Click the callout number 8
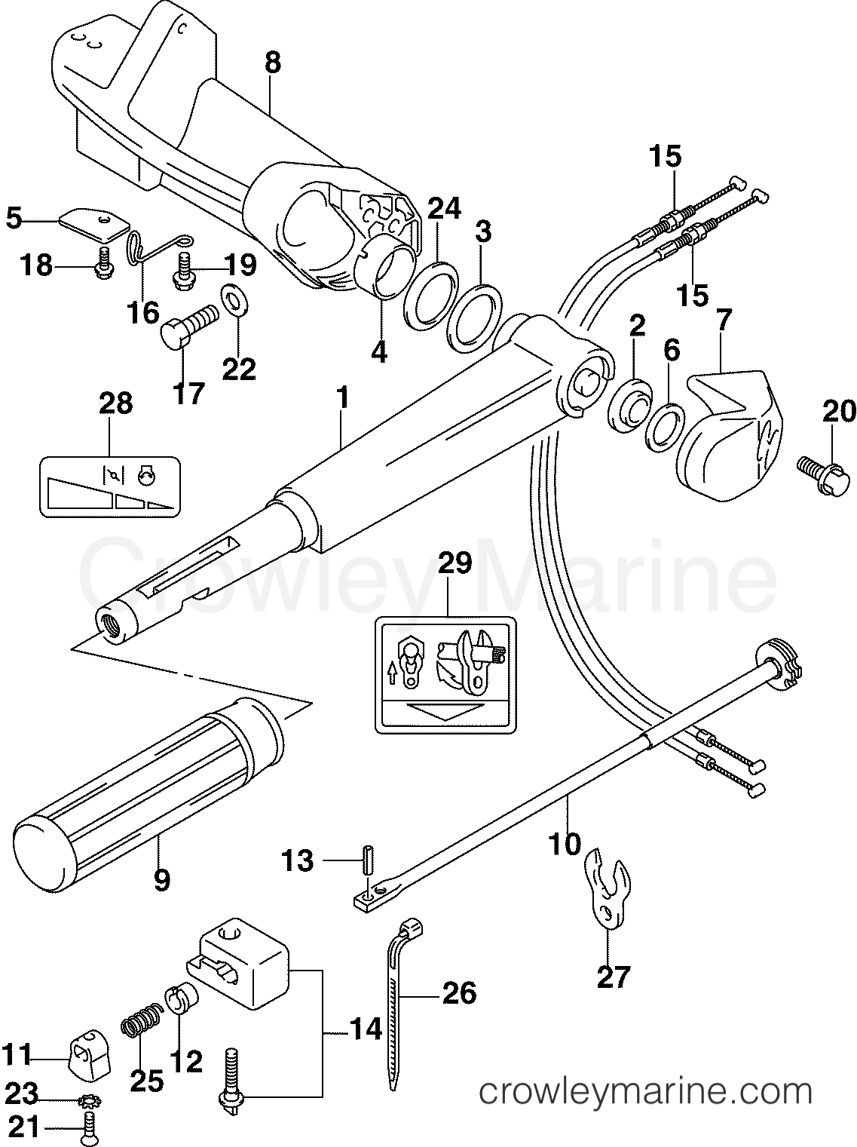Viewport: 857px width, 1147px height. coord(273,63)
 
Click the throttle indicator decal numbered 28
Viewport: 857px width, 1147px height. coord(110,486)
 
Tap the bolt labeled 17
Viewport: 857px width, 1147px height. coord(187,326)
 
